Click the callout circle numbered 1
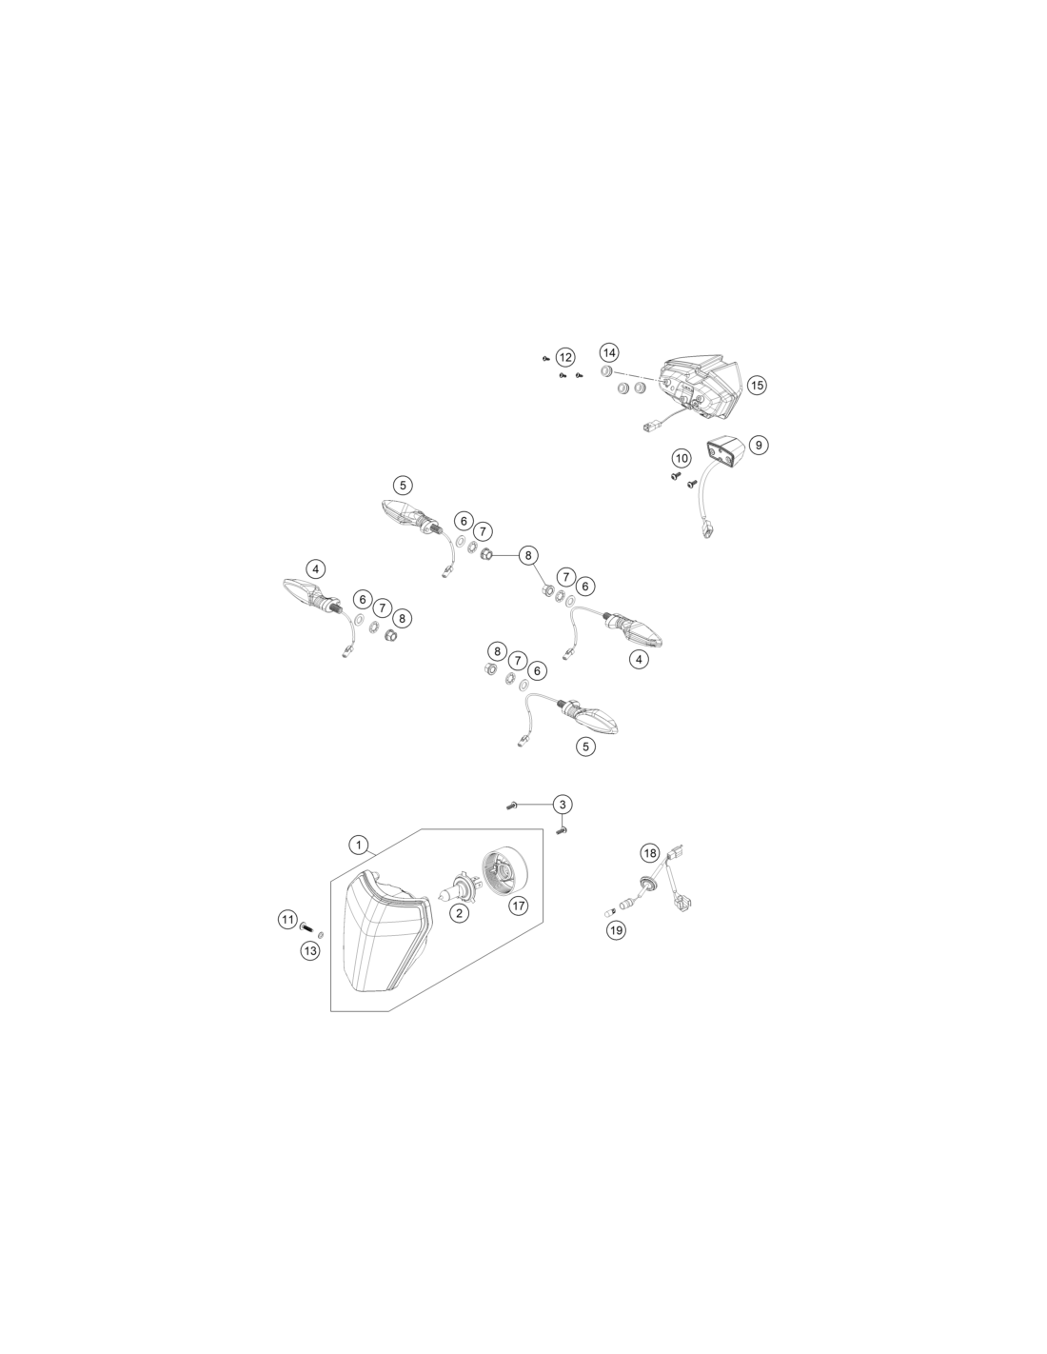tap(358, 846)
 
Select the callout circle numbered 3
tap(563, 805)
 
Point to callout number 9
tap(758, 445)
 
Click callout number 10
tap(682, 459)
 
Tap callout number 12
tap(565, 357)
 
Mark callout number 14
tap(609, 352)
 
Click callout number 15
tap(757, 385)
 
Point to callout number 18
tap(650, 852)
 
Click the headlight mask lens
tap(386, 931)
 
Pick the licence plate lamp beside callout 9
tap(725, 450)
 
